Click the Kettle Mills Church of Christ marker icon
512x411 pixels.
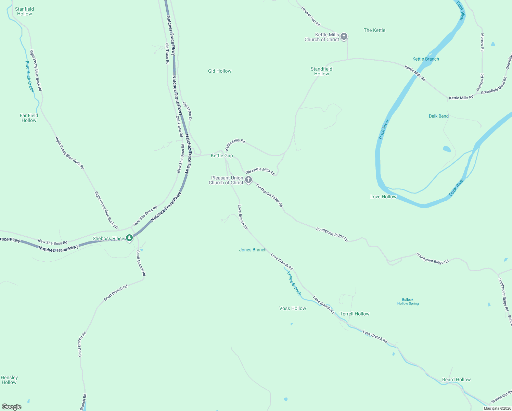tap(344, 36)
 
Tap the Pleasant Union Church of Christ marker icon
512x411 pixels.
tap(249, 179)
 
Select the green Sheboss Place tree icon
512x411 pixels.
tap(129, 238)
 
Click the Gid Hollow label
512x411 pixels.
tap(220, 71)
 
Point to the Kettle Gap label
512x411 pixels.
tap(222, 155)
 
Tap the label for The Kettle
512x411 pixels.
tap(374, 30)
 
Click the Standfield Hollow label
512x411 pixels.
tap(321, 71)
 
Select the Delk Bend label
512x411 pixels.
tap(438, 116)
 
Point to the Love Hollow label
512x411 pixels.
tap(383, 197)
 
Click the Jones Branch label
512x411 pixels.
tap(253, 250)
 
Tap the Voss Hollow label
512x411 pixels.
tap(293, 308)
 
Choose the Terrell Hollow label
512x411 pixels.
tap(355, 314)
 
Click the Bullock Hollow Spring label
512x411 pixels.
tap(408, 301)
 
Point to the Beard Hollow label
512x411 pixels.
tap(456, 379)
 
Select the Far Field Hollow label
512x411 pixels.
tap(29, 118)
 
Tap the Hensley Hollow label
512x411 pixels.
tap(9, 380)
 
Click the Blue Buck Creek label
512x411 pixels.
tap(30, 76)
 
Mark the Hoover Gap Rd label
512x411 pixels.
tap(311, 16)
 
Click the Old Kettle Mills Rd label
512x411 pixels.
tap(260, 171)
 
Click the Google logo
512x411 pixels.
tap(12, 407)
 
